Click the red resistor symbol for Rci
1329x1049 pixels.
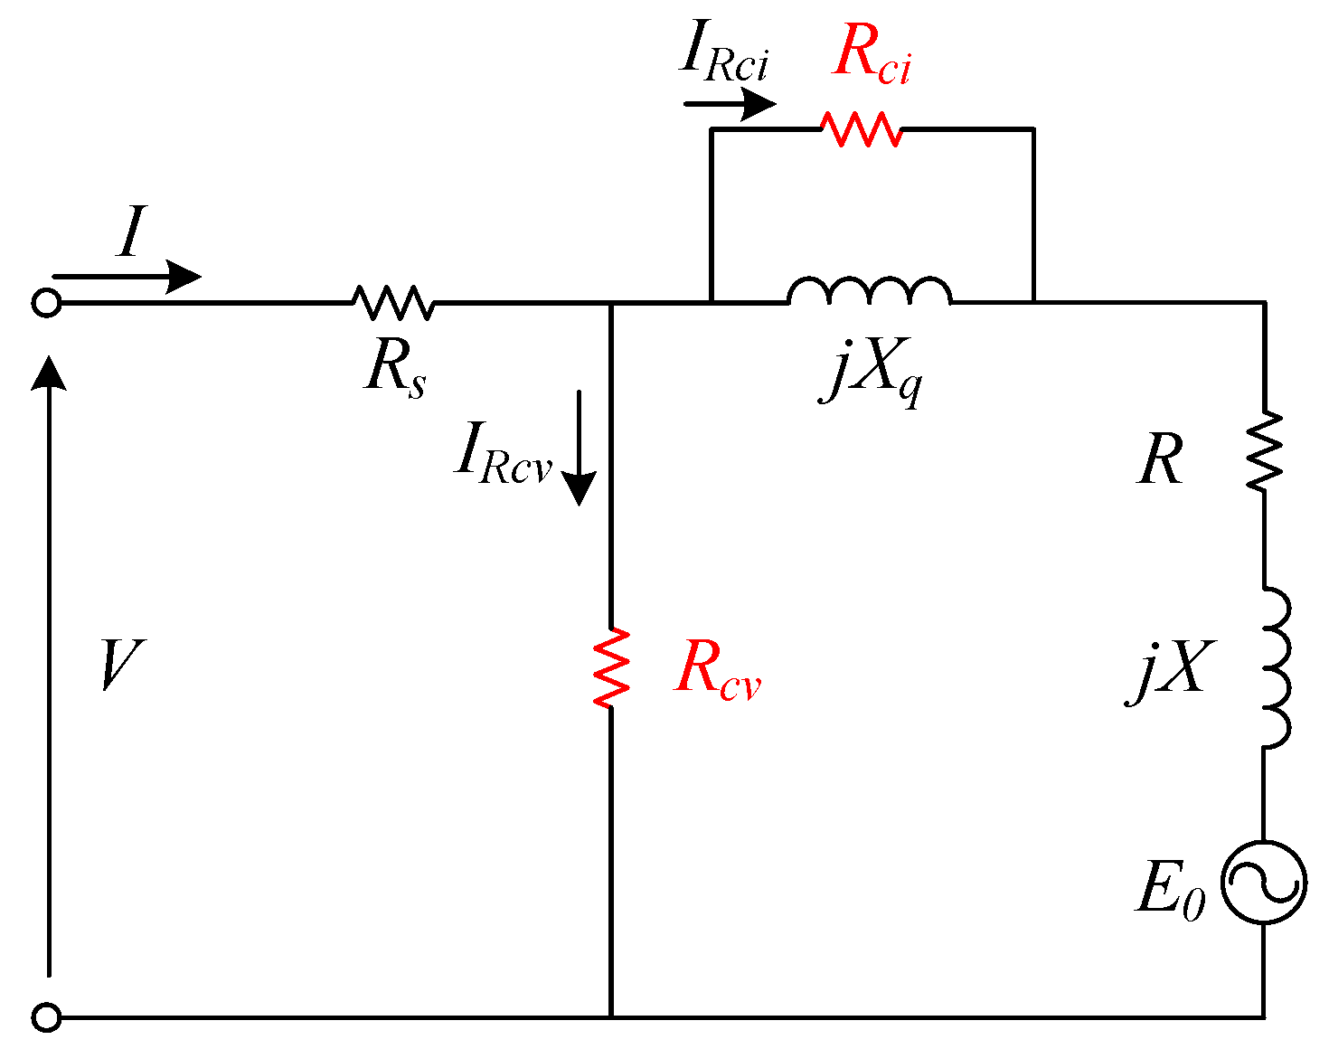[x=861, y=129]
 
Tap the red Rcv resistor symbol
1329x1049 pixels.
[x=611, y=667]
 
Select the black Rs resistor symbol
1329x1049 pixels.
[x=392, y=302]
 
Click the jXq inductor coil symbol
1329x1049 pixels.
[x=869, y=291]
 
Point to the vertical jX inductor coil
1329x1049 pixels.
[x=1275, y=667]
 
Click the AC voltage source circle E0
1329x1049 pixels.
[x=1263, y=882]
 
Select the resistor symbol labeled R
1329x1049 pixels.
[x=1264, y=450]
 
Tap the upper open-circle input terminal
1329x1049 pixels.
[x=46, y=303]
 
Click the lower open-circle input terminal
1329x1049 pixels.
[x=46, y=1017]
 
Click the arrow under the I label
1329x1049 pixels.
[x=127, y=276]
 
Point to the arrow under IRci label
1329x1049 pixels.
[x=729, y=104]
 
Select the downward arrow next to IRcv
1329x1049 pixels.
[x=579, y=448]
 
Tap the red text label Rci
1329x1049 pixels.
[x=871, y=56]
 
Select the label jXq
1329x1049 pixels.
[x=872, y=373]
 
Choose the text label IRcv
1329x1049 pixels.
[x=503, y=451]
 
